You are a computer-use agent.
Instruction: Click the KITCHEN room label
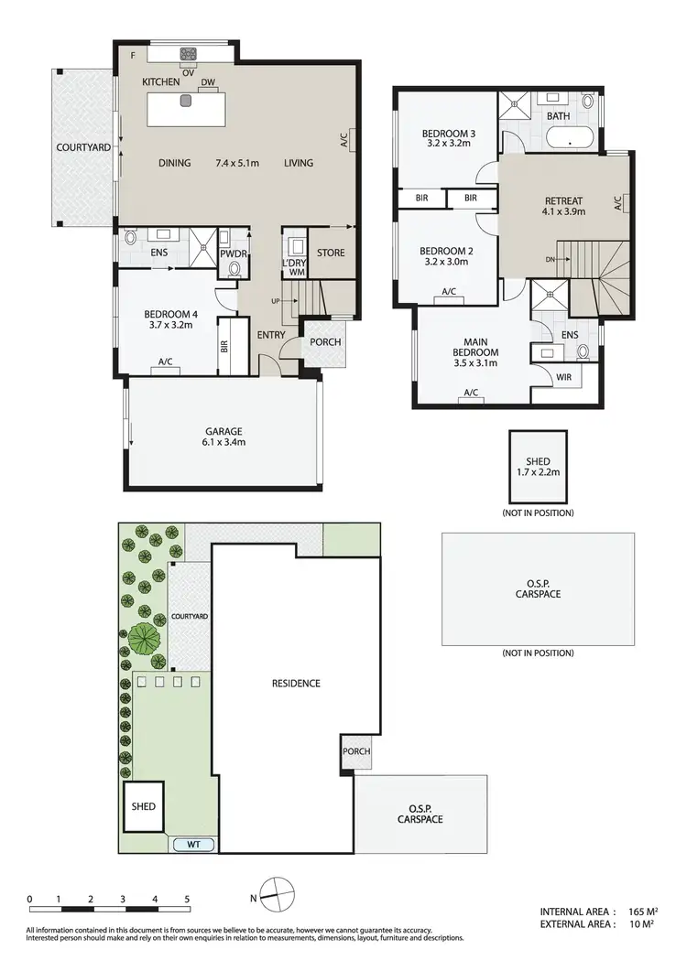[161, 82]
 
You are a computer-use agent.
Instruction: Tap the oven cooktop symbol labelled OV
[190, 55]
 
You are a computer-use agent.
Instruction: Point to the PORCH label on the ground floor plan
[325, 342]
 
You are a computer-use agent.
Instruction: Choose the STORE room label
[330, 253]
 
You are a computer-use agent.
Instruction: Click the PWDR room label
[234, 254]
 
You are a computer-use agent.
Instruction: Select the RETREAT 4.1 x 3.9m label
[564, 205]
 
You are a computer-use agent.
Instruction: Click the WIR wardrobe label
[564, 377]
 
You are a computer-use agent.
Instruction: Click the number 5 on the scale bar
[187, 899]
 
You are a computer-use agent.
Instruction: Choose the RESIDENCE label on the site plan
[296, 683]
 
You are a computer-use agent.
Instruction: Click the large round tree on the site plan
[146, 637]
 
